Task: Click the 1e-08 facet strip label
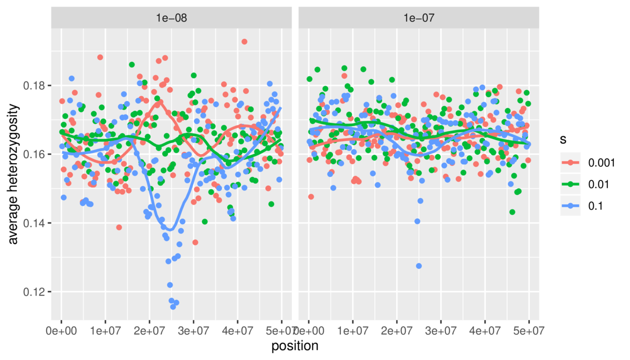click(171, 17)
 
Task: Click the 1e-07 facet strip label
click(418, 17)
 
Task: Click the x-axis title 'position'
click(295, 346)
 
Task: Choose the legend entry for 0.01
click(580, 185)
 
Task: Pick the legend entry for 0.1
click(577, 206)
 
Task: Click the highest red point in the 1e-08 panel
click(244, 41)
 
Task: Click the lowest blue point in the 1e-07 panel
click(419, 266)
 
